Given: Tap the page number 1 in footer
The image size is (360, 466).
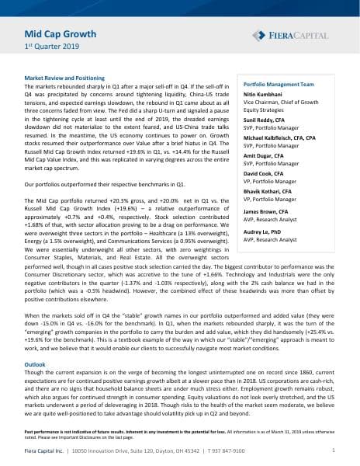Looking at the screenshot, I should tap(333, 450).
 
